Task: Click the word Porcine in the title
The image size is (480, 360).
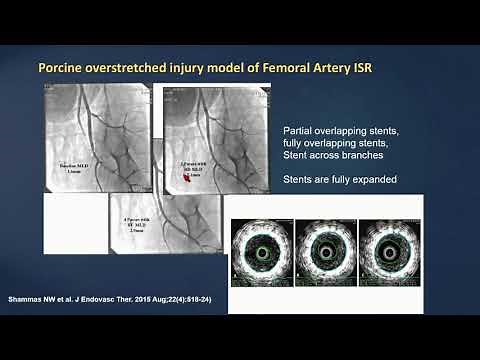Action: (63, 70)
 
